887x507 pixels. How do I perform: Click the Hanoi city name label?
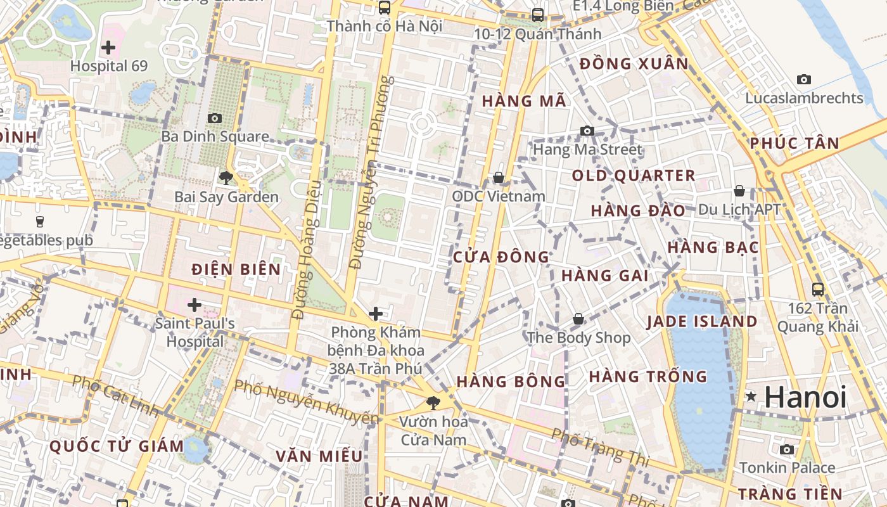805,397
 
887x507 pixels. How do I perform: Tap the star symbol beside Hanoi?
751,397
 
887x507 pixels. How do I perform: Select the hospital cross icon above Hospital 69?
108,47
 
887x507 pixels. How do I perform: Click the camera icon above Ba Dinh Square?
215,118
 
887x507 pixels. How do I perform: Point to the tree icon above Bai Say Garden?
226,178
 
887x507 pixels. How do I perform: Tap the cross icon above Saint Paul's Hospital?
195,305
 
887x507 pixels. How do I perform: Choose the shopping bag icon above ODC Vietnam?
499,177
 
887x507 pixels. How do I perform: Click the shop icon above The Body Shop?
578,319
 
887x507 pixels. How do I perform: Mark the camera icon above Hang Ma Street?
587,131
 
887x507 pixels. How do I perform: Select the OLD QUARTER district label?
634,176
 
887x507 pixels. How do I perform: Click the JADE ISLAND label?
702,321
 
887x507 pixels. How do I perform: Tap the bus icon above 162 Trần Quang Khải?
818,290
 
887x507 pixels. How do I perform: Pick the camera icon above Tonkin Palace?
787,449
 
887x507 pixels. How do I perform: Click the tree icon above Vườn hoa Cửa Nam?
433,402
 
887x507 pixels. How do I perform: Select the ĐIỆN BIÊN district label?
236,269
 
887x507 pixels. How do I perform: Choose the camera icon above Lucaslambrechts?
804,79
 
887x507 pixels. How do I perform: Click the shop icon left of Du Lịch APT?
739,191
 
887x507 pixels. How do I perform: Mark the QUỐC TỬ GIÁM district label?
117,446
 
